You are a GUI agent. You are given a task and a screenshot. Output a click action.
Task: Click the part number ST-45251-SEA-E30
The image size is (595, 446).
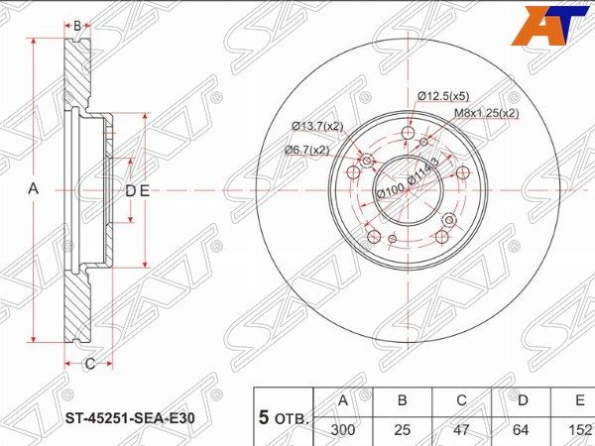[131, 418]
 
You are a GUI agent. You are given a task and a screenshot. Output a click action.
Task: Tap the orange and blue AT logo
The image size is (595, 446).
[552, 26]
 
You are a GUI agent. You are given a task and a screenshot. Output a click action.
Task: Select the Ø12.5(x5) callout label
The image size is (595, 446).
[443, 96]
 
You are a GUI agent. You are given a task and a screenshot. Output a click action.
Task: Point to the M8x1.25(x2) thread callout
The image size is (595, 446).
[487, 113]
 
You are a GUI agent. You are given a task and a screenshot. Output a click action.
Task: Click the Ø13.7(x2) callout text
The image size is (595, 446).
[317, 126]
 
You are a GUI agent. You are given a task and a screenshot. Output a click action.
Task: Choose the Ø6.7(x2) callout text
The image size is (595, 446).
[306, 151]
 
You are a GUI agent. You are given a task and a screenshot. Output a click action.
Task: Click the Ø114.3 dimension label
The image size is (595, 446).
[422, 171]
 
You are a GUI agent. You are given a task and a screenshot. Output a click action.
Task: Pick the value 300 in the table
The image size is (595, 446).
[343, 430]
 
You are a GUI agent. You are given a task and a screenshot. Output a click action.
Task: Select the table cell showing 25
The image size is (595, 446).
[403, 430]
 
